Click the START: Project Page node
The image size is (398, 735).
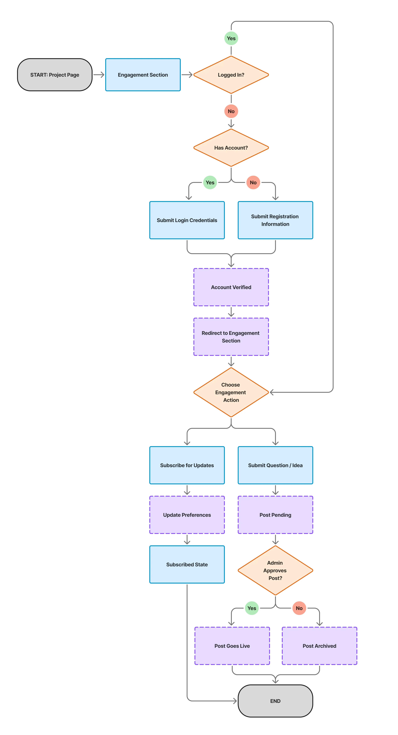pos(55,75)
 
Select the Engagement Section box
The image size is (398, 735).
pos(143,75)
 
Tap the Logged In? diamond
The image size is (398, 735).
pos(231,75)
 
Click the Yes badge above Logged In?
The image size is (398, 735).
pos(231,38)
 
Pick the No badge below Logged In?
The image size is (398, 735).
pos(231,111)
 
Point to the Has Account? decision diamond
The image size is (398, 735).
pos(231,148)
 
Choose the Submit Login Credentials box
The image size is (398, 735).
pos(187,220)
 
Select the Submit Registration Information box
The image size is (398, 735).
pos(275,220)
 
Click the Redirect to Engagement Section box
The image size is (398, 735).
pos(231,337)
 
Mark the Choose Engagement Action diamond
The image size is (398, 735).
pos(231,392)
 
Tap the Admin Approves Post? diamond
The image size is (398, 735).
pos(275,570)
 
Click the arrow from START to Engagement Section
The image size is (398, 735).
pos(99,75)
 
